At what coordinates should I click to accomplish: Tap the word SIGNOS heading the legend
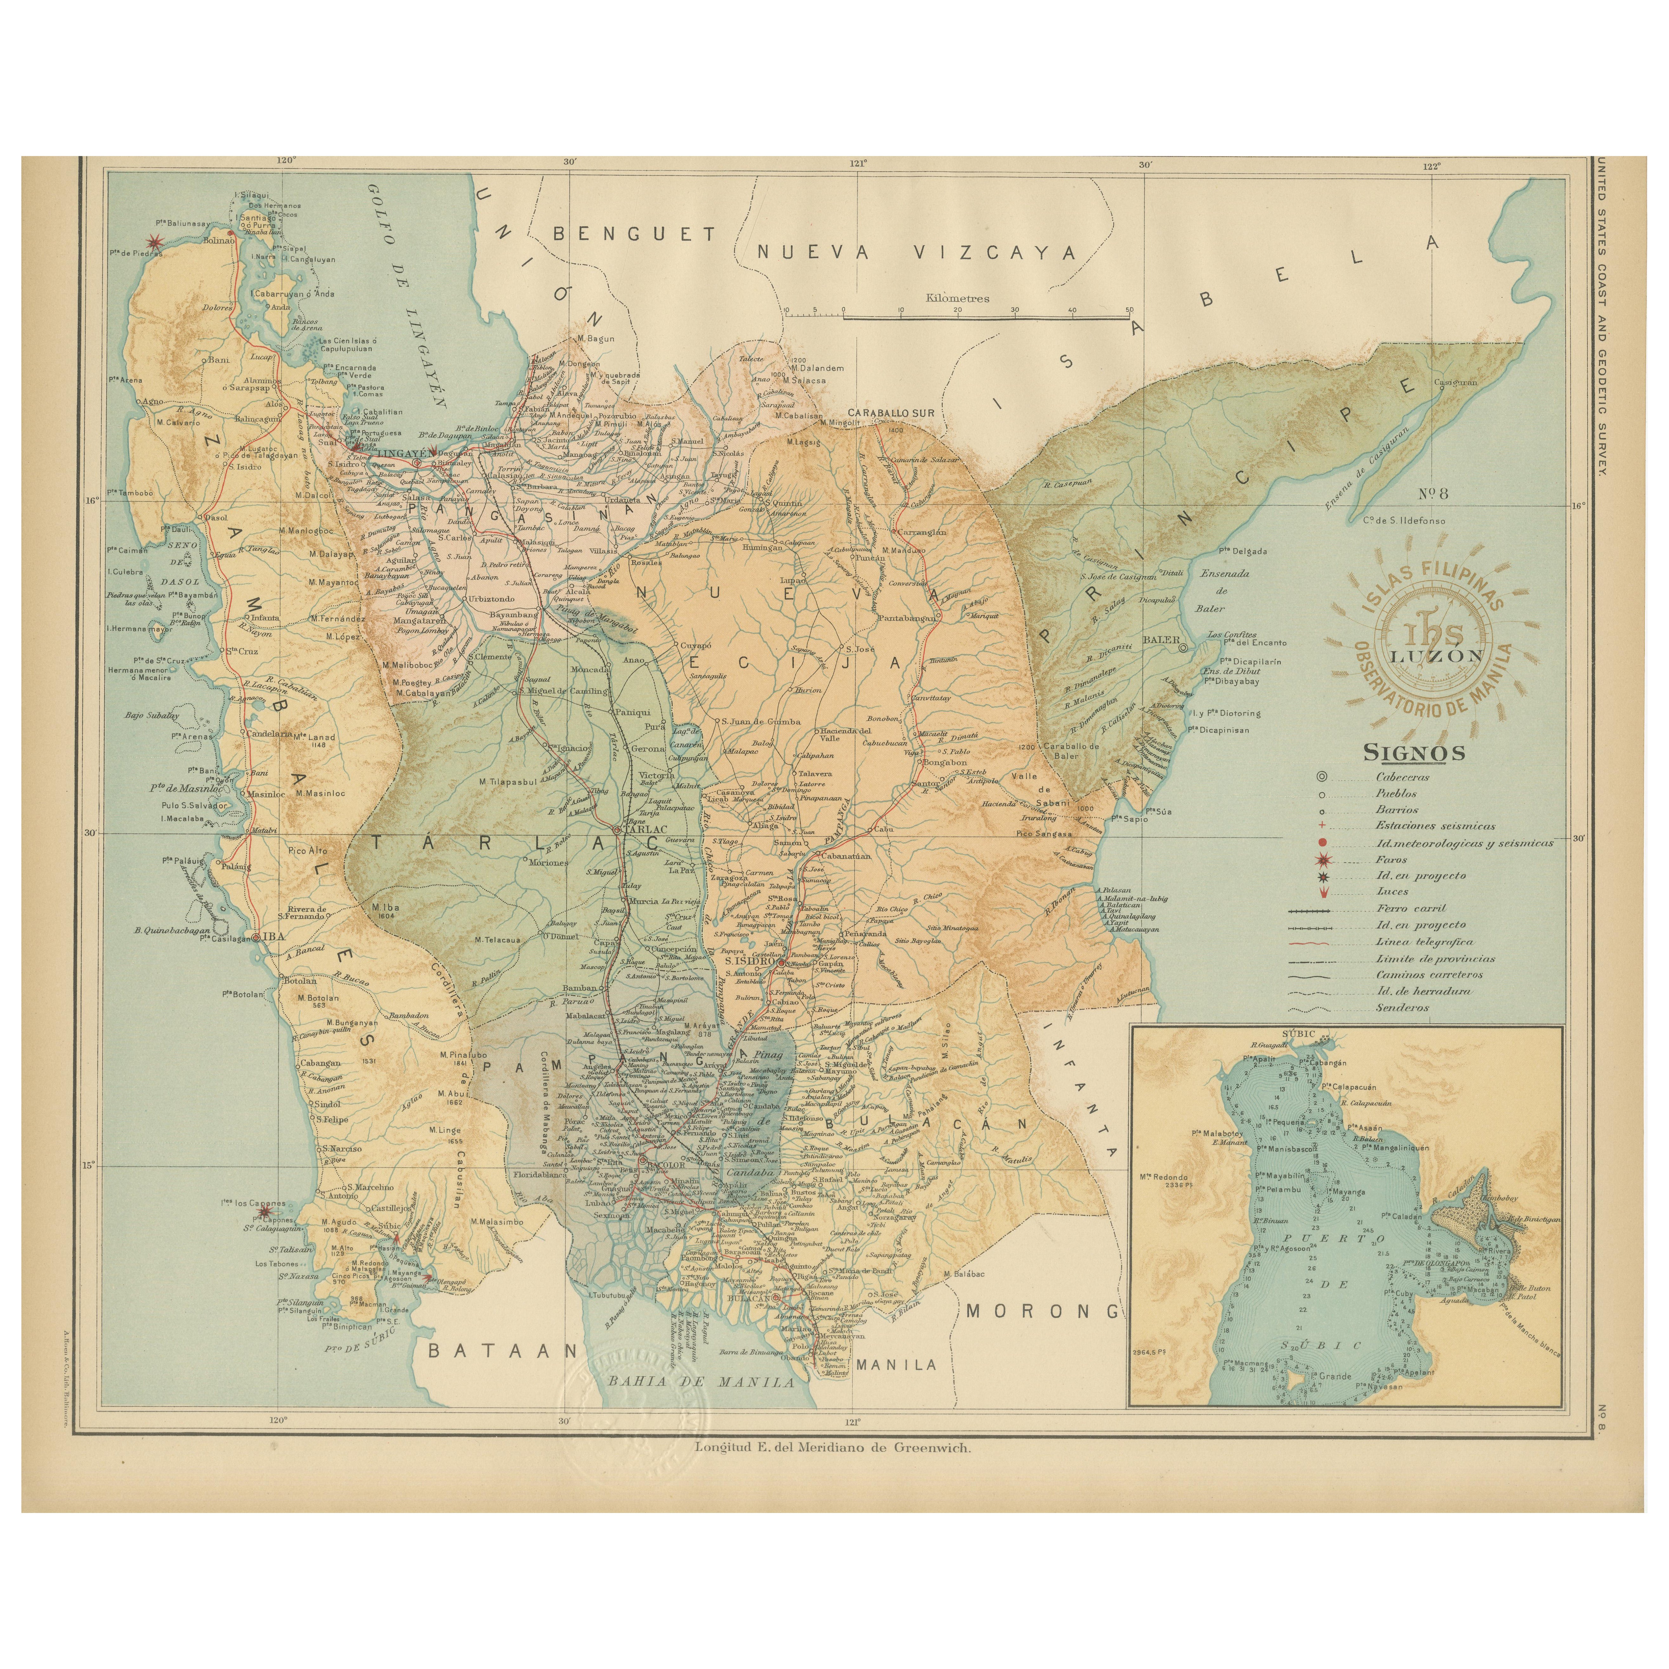coord(1414,753)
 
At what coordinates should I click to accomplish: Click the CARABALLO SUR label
coord(891,413)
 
